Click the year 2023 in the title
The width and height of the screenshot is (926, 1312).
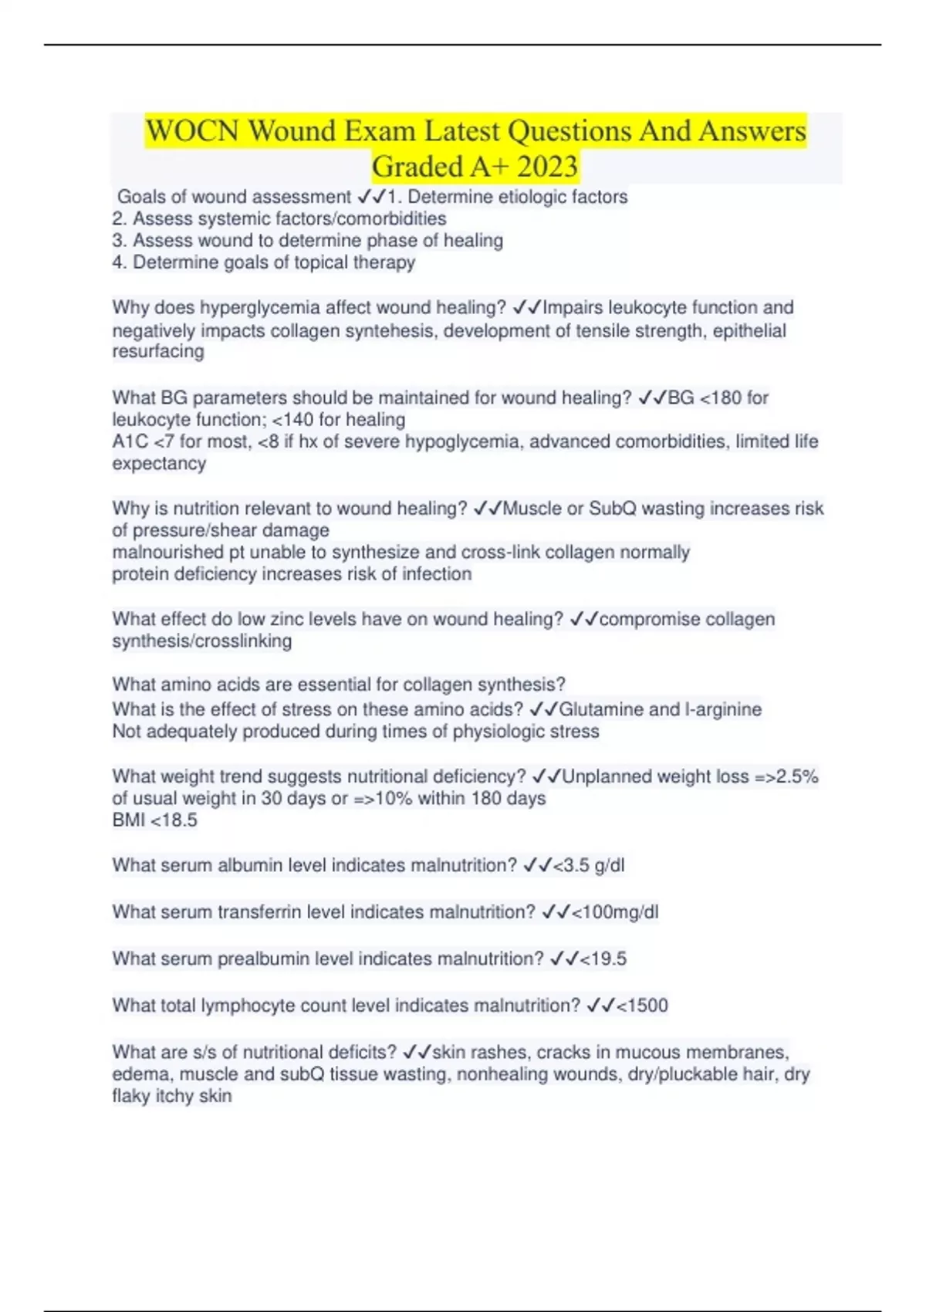[x=547, y=167]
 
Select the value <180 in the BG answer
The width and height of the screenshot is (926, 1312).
[x=720, y=398]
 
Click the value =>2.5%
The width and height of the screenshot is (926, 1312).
[x=786, y=776]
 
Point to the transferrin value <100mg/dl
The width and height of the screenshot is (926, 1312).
[x=615, y=912]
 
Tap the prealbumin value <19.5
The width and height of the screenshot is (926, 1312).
[x=603, y=959]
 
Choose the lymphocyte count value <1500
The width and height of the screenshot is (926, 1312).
[x=642, y=1006]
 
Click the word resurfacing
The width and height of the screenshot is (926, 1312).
[x=158, y=352]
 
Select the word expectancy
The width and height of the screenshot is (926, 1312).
[x=159, y=464]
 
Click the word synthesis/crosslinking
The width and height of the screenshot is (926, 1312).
[x=202, y=641]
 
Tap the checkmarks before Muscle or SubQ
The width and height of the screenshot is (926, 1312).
[x=487, y=509]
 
